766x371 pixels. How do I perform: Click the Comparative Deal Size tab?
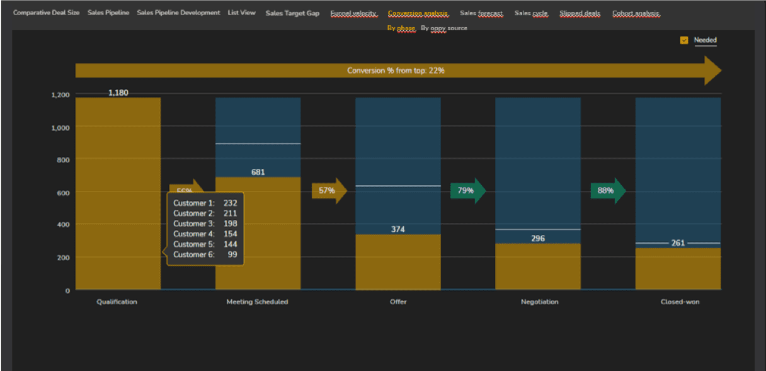pyautogui.click(x=46, y=13)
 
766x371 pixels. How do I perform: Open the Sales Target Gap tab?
pyautogui.click(x=292, y=13)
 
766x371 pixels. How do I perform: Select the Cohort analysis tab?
pyautogui.click(x=636, y=13)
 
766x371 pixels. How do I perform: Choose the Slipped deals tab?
pyautogui.click(x=580, y=13)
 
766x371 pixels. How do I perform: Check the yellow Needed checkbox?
pyautogui.click(x=684, y=40)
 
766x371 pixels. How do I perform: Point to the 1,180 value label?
pyautogui.click(x=118, y=93)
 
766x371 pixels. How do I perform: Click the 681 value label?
pyautogui.click(x=258, y=172)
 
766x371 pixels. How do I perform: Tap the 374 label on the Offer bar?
pyautogui.click(x=397, y=229)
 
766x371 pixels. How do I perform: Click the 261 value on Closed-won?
pyautogui.click(x=678, y=243)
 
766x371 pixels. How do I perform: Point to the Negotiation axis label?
pyautogui.click(x=539, y=302)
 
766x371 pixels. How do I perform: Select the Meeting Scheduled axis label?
pyautogui.click(x=257, y=302)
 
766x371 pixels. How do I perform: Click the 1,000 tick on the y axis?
pyautogui.click(x=60, y=127)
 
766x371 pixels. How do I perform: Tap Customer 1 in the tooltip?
pyautogui.click(x=194, y=203)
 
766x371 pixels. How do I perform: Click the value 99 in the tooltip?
pyautogui.click(x=232, y=254)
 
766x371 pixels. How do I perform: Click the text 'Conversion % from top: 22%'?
pyautogui.click(x=396, y=71)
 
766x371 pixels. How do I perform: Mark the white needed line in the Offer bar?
pyautogui.click(x=397, y=186)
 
